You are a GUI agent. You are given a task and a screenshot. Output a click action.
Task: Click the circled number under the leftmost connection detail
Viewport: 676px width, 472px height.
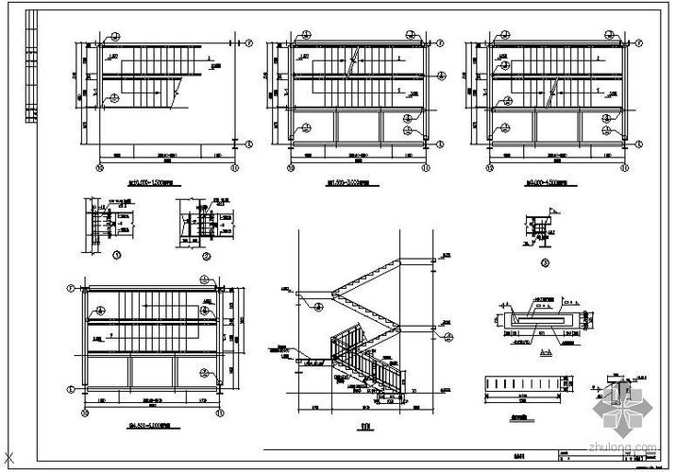point(115,254)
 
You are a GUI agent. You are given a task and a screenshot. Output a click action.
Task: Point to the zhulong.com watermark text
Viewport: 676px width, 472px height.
point(624,449)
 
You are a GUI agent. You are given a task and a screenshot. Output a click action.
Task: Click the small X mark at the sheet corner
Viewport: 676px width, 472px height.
point(8,462)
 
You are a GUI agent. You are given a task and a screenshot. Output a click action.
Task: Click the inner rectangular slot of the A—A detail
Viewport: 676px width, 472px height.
point(542,320)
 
